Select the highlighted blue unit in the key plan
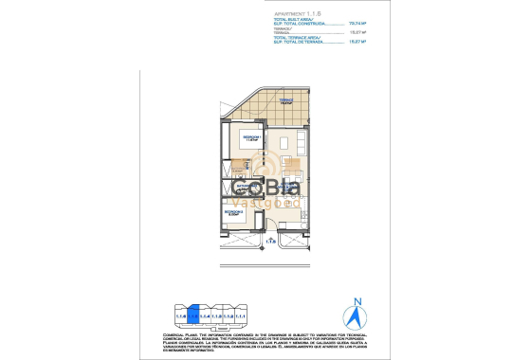[x=193, y=312]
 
